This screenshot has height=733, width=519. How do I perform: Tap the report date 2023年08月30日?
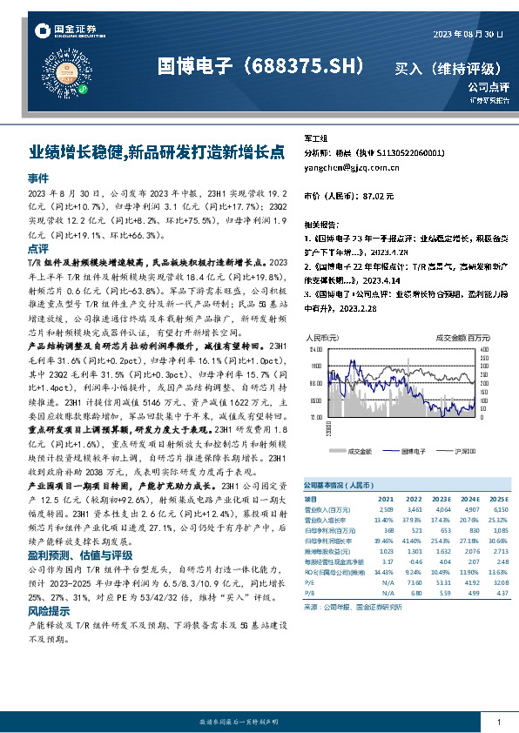pyautogui.click(x=468, y=33)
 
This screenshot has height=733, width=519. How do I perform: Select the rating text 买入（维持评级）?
pyautogui.click(x=448, y=68)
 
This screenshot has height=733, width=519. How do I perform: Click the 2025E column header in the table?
pyautogui.click(x=494, y=499)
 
